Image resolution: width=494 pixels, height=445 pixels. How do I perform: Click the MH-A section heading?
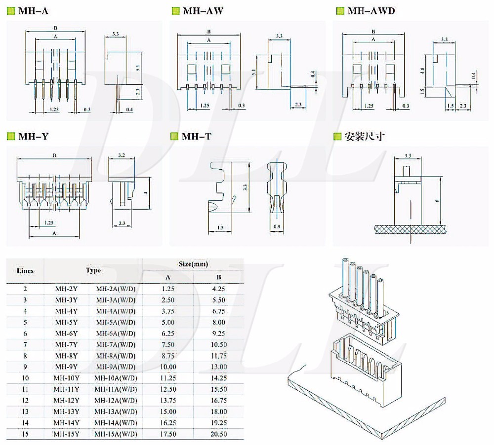(x=34, y=10)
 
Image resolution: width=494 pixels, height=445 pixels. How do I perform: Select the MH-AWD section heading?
(x=371, y=10)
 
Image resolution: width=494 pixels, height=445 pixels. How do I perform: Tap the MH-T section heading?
(x=197, y=136)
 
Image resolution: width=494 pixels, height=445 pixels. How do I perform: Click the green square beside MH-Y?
(x=11, y=136)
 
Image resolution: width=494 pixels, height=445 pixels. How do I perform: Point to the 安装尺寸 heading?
(x=365, y=136)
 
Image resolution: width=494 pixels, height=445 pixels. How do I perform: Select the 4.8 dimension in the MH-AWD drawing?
(x=422, y=71)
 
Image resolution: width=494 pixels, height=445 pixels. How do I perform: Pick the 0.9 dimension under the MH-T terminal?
(x=277, y=226)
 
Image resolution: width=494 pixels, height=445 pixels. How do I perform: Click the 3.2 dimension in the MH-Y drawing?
(x=122, y=155)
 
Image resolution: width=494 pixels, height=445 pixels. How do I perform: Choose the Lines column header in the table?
(x=25, y=271)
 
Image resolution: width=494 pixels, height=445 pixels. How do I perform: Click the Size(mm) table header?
(x=193, y=264)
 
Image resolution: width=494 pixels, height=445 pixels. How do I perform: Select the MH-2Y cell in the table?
(x=66, y=288)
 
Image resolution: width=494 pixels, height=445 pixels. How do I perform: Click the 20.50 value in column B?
(x=218, y=434)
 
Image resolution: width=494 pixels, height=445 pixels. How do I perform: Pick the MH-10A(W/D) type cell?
(x=116, y=378)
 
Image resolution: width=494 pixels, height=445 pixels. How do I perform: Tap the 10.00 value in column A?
(x=168, y=367)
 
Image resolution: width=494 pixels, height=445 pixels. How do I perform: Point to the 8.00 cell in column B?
(x=218, y=322)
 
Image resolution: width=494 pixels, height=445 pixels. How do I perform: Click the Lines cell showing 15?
(x=25, y=434)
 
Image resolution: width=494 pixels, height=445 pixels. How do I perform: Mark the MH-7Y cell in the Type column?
(x=66, y=344)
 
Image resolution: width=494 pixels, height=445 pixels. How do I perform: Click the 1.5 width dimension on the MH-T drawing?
(x=220, y=226)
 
